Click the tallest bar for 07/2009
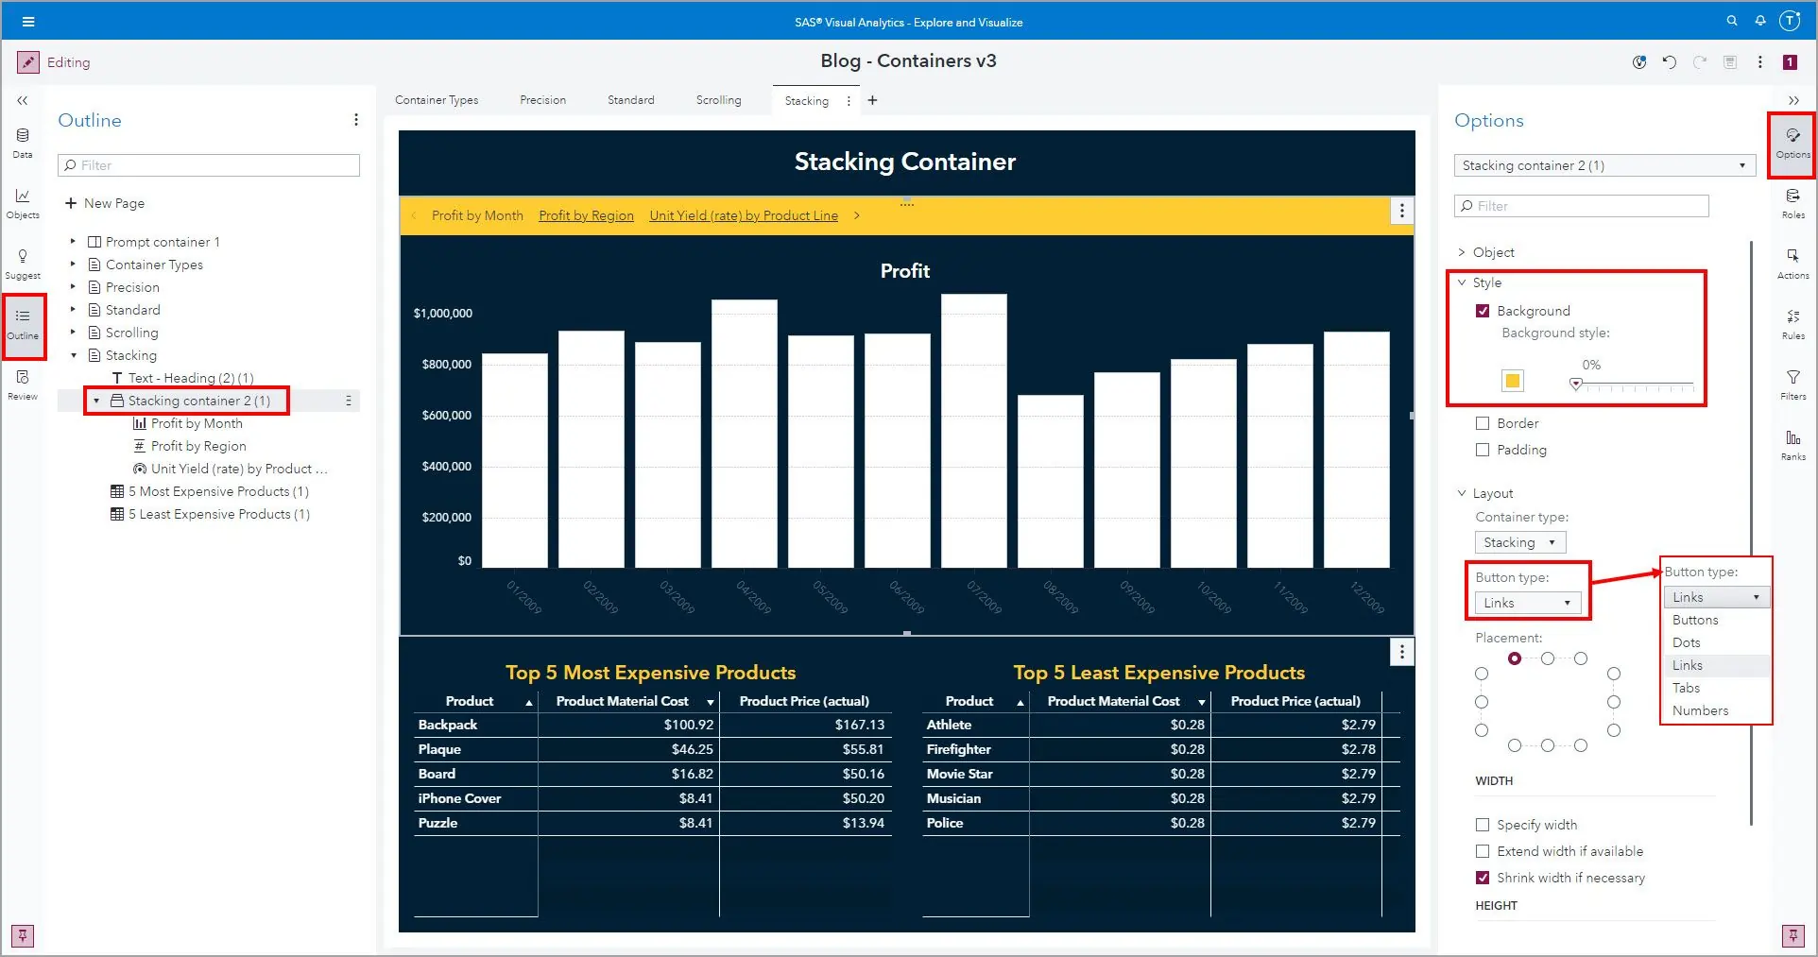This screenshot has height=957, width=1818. pos(973,430)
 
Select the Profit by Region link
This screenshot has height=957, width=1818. pos(586,215)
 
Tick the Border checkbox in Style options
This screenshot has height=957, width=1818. pos(1483,423)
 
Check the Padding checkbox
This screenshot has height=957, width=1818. pos(1483,450)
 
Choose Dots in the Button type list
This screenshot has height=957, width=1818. pos(1687,642)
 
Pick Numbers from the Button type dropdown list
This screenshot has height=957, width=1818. pos(1700,710)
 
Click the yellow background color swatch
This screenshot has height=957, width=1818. pos(1512,381)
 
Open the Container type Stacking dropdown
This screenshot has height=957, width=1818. pos(1519,542)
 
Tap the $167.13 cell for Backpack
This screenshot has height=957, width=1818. pos(859,725)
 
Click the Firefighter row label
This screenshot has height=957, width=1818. pos(958,749)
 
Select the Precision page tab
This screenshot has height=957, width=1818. pos(542,100)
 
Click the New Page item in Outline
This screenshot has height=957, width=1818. pos(113,203)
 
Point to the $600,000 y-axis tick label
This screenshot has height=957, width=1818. pos(446,415)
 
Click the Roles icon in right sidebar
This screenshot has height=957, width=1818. pos(1792,201)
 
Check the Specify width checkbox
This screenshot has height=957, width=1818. pos(1483,825)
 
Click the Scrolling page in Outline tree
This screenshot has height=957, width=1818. pos(131,333)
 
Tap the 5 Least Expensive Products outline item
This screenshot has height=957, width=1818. pos(218,514)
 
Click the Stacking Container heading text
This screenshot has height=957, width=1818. pos(904,162)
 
